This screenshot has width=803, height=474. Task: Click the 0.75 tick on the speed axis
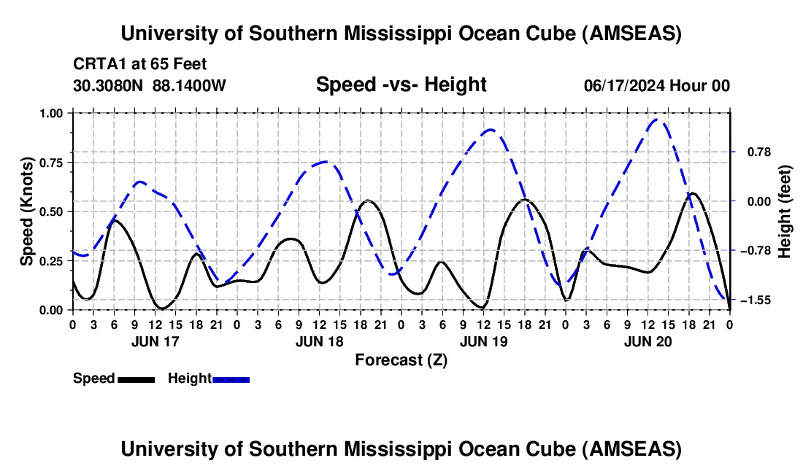click(x=52, y=162)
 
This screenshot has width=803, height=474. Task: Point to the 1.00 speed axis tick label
click(x=52, y=113)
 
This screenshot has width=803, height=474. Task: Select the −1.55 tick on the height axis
click(x=756, y=300)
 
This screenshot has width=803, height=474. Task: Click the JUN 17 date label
click(x=155, y=341)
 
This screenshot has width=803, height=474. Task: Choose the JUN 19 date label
click(x=483, y=341)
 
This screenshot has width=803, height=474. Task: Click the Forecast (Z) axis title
click(x=401, y=360)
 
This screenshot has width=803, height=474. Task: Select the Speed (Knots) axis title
click(x=27, y=211)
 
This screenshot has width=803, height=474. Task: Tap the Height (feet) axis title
click(x=785, y=211)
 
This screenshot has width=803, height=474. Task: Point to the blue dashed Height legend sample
click(x=231, y=378)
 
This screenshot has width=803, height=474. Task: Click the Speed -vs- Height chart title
click(x=401, y=85)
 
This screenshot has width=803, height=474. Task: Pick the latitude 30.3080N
click(x=109, y=85)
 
